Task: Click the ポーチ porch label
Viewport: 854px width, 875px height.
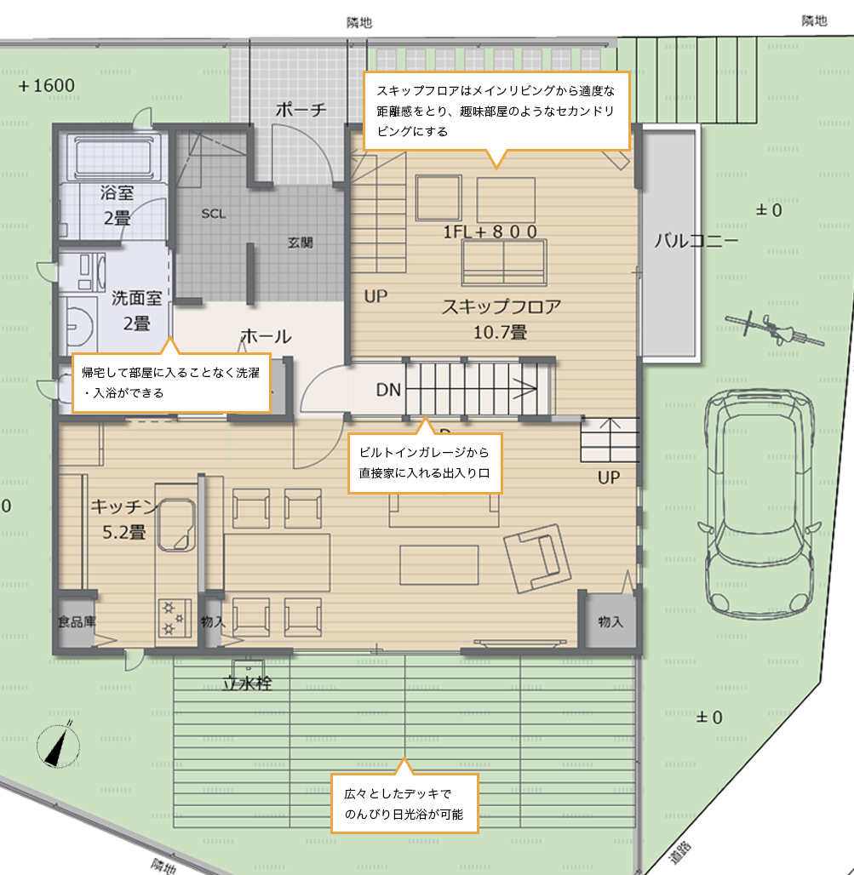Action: [301, 109]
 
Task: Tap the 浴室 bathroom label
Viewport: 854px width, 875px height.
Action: [117, 192]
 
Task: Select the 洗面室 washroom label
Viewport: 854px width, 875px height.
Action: [137, 298]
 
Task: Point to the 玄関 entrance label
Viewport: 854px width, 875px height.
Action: [301, 243]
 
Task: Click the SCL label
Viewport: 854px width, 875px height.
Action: [213, 214]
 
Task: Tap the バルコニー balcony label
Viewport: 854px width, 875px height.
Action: [696, 241]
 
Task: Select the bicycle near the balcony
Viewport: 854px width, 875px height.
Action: [775, 329]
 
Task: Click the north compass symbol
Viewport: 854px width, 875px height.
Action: [58, 745]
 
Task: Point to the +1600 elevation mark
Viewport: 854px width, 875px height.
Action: [46, 85]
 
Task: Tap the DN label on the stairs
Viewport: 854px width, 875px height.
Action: [388, 390]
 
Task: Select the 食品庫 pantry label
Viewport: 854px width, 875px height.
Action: [77, 621]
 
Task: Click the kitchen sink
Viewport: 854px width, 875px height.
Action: [176, 525]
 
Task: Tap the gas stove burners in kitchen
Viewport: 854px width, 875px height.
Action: [174, 617]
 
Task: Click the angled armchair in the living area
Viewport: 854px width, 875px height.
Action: [537, 558]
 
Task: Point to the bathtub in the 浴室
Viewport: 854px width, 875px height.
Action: [114, 157]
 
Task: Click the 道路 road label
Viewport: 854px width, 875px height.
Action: [680, 852]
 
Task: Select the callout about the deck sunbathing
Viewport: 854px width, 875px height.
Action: [404, 803]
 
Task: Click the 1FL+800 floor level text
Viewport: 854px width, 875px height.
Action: [490, 232]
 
